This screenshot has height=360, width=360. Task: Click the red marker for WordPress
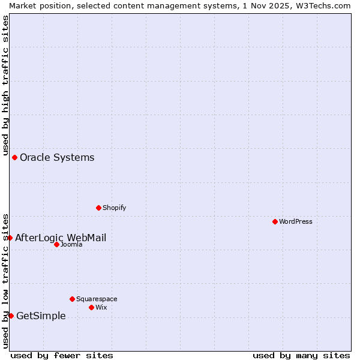pyautogui.click(x=275, y=221)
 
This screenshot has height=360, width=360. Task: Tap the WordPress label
pyautogui.click(x=296, y=221)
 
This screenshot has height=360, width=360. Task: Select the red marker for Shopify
pyautogui.click(x=98, y=208)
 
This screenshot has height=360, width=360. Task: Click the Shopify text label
pyautogui.click(x=114, y=208)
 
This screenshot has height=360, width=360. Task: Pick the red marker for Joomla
pyautogui.click(x=56, y=244)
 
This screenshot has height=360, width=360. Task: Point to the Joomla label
pyautogui.click(x=71, y=244)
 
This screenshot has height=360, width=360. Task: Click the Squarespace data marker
pyautogui.click(x=72, y=299)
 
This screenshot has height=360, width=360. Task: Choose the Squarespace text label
pyautogui.click(x=97, y=299)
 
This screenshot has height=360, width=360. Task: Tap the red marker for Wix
pyautogui.click(x=91, y=307)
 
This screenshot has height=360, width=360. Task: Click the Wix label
pyautogui.click(x=101, y=307)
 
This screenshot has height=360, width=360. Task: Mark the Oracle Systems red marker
pyautogui.click(x=14, y=157)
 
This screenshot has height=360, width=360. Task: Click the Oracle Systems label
pyautogui.click(x=57, y=158)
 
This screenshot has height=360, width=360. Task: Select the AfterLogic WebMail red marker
pyautogui.click(x=10, y=238)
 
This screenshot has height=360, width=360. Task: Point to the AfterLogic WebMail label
pyautogui.click(x=61, y=238)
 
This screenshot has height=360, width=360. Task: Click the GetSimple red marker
pyautogui.click(x=11, y=316)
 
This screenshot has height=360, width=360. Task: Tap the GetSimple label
pyautogui.click(x=41, y=316)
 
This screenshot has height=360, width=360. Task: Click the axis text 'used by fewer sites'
pyautogui.click(x=62, y=355)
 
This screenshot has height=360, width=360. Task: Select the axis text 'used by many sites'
pyautogui.click(x=301, y=355)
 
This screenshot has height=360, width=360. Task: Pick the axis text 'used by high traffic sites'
pyautogui.click(x=5, y=85)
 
